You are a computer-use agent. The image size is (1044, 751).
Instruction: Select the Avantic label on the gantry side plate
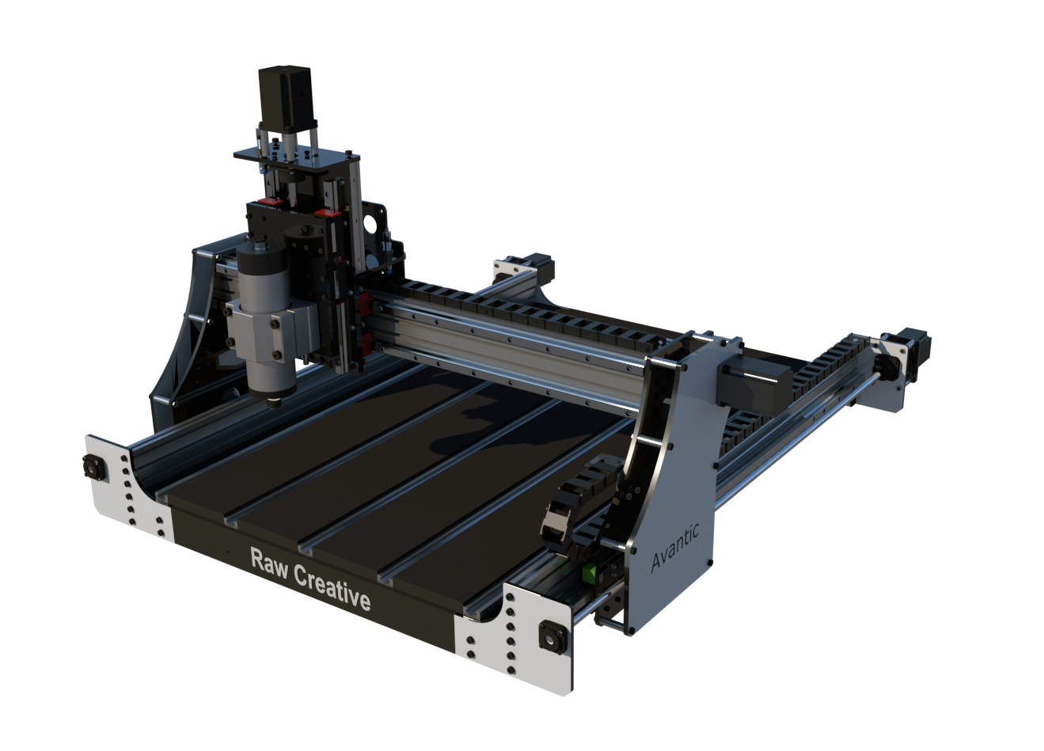[674, 547]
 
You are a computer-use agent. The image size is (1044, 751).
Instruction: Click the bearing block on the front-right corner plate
[548, 635]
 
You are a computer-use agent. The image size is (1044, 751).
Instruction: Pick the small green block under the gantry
[590, 571]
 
